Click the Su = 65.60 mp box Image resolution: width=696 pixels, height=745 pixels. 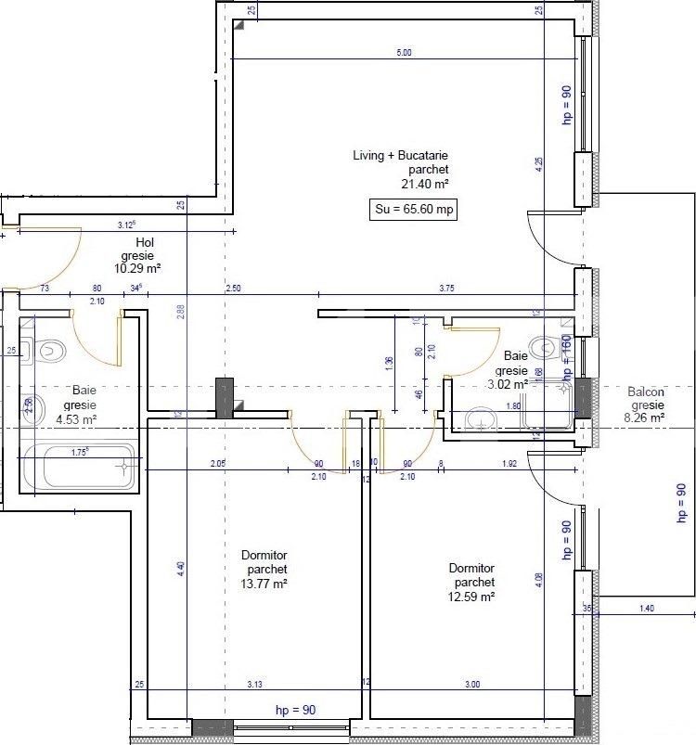[x=414, y=210]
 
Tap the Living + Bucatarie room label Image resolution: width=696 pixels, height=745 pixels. [x=401, y=156]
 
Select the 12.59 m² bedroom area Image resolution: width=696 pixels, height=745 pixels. [x=471, y=597]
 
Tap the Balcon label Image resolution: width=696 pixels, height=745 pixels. [x=646, y=392]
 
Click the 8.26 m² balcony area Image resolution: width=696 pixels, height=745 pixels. [x=646, y=418]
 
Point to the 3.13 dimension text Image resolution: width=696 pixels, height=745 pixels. [x=255, y=685]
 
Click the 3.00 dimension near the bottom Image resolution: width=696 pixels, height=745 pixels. [x=472, y=685]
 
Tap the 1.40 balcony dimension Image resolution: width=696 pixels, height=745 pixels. [x=647, y=608]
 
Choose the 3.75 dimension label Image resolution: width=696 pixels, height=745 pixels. [x=447, y=289]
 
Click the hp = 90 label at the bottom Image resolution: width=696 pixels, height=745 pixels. [x=295, y=711]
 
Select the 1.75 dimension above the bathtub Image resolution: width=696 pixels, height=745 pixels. [x=81, y=453]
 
